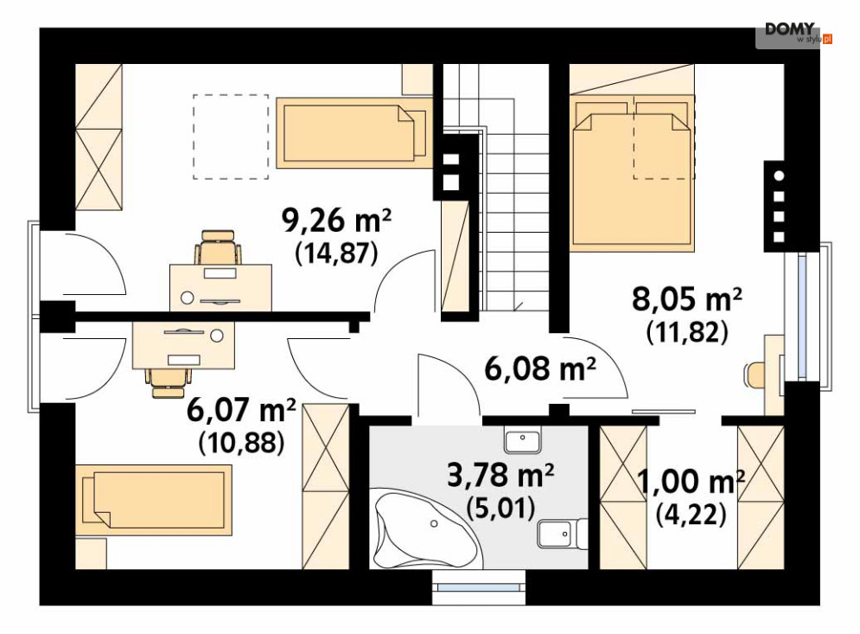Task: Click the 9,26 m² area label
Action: coord(336,221)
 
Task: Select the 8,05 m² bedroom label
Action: coord(686,300)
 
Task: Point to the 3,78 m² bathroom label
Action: coord(500,475)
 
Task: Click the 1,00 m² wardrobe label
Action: coord(691,482)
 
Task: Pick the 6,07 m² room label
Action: coord(241,410)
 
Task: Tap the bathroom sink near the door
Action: coord(523,439)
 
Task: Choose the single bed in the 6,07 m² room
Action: coord(154,500)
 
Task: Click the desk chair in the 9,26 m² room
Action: coord(218,247)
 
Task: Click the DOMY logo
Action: coord(794,33)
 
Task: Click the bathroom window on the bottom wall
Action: coord(479,587)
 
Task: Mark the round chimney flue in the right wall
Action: coord(778,176)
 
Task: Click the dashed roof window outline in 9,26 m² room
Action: coord(231,137)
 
